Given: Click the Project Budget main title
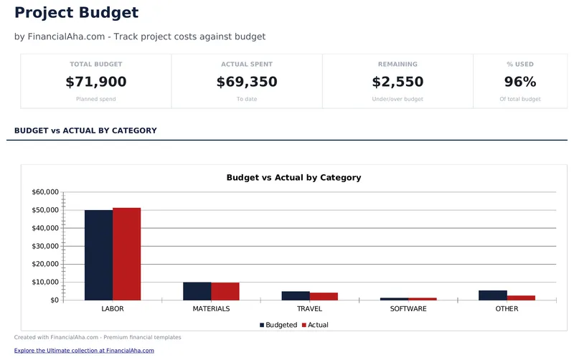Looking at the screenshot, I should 76,13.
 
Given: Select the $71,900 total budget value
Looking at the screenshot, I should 95,82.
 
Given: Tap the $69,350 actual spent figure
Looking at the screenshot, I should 247,82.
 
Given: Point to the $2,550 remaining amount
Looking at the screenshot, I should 397,82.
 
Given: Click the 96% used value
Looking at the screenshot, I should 520,82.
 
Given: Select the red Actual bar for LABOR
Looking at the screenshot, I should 126,254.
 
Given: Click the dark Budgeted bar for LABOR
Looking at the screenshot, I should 99,255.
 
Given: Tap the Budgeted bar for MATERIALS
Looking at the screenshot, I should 197,291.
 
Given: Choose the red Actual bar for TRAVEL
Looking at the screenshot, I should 324,296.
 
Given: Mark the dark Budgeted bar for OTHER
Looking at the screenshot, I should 493,295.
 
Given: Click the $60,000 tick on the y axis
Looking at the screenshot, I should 45,192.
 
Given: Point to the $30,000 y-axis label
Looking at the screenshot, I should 45,246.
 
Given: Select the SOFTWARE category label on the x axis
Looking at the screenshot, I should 408,309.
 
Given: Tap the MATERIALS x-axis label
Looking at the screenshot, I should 211,309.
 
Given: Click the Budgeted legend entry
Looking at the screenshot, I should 278,325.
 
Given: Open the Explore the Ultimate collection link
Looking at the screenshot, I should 84,351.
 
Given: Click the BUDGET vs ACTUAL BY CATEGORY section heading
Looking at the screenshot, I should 85,131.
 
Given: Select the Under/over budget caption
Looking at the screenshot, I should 397,99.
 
